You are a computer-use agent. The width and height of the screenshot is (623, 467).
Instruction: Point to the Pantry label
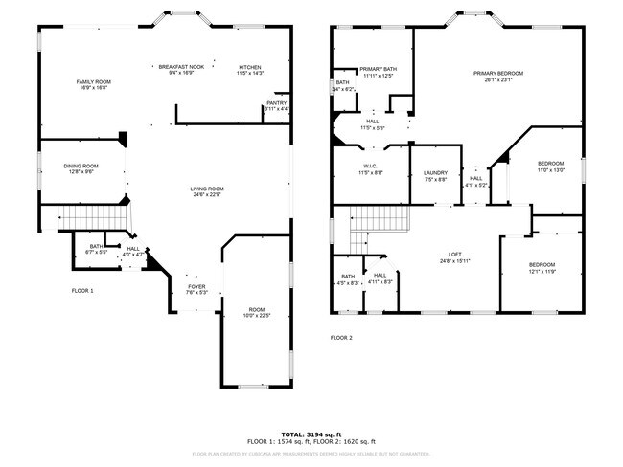tap(277, 105)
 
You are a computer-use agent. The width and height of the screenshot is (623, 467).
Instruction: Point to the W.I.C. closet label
tap(370, 168)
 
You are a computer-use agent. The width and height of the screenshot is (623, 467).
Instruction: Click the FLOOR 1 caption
tap(82, 290)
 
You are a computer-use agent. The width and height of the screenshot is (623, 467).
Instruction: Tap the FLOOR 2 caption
tap(341, 338)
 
